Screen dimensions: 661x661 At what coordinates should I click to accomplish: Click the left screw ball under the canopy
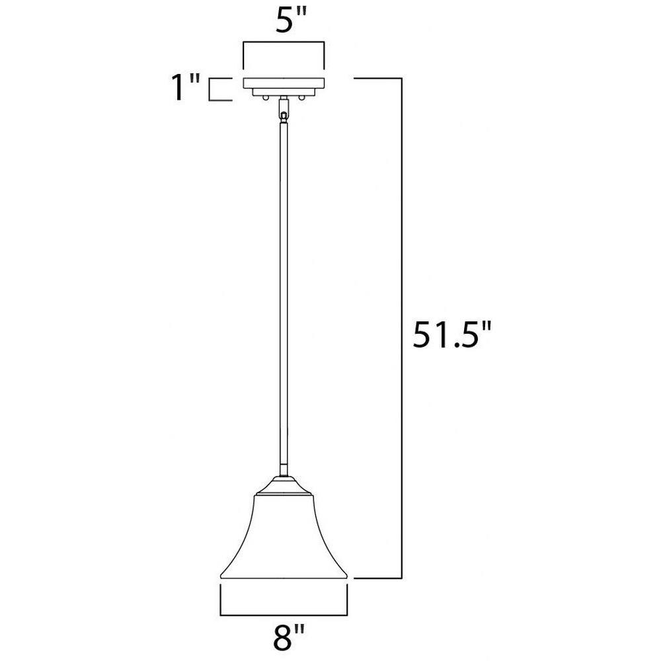(265, 98)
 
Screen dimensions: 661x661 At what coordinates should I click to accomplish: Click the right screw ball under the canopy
(301, 98)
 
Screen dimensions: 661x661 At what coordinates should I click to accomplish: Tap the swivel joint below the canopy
(284, 110)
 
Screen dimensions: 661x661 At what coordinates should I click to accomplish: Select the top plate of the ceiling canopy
(284, 83)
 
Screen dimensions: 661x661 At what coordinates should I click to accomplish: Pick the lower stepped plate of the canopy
(284, 92)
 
